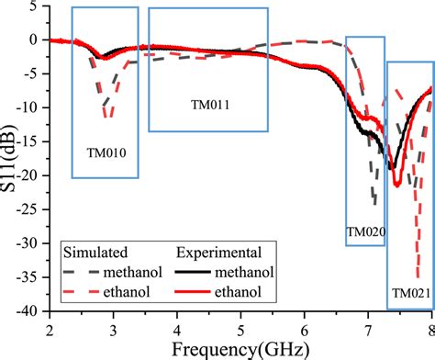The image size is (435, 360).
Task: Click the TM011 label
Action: point(210,105)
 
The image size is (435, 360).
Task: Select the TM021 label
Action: point(409,293)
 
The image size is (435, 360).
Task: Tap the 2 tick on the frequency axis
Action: point(50,326)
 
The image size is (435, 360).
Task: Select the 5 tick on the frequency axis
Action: point(240,326)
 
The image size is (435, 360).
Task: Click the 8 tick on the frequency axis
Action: point(430,326)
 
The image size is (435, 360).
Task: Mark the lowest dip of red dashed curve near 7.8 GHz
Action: point(418,276)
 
